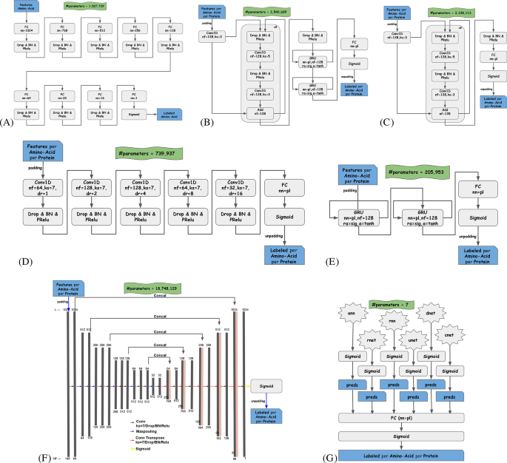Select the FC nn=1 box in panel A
point(134,96)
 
